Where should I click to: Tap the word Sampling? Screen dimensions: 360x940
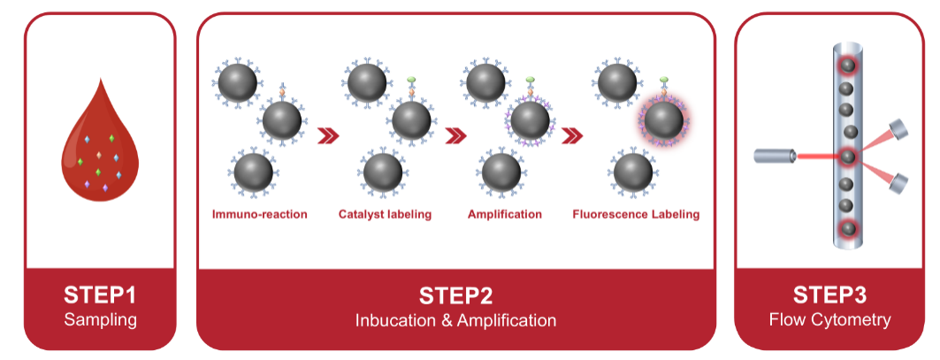100,319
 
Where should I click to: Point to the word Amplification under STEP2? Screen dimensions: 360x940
508,319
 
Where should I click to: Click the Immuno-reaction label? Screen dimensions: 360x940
259,214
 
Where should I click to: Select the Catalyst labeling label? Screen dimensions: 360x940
385,214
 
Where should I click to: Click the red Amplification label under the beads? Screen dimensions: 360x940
504,214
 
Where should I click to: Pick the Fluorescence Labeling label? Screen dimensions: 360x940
636,214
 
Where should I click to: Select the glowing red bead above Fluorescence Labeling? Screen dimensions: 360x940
663,120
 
